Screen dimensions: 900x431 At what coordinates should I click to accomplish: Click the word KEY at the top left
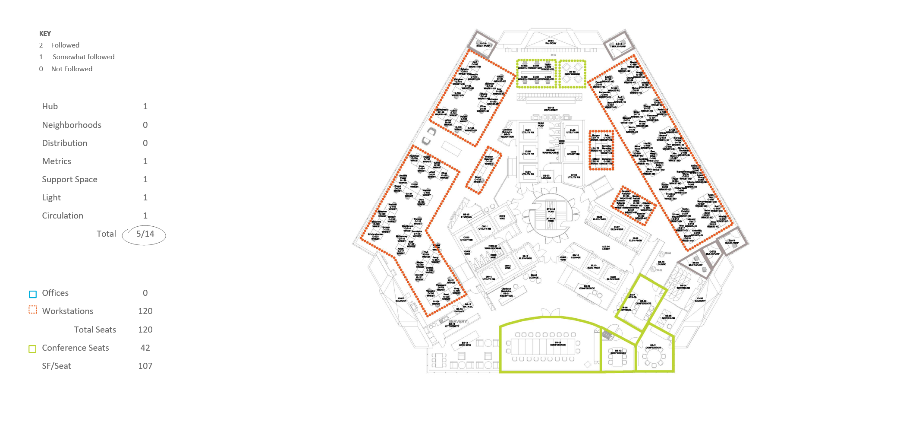pyautogui.click(x=45, y=34)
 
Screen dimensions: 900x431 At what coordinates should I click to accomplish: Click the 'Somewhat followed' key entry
pyautogui.click(x=83, y=57)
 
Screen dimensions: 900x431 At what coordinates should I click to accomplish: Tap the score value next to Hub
pyautogui.click(x=145, y=107)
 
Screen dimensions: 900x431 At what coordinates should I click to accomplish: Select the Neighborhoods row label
pyautogui.click(x=72, y=125)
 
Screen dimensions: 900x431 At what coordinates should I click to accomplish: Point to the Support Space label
pyautogui.click(x=69, y=180)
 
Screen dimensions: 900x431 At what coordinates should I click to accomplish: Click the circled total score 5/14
pyautogui.click(x=145, y=234)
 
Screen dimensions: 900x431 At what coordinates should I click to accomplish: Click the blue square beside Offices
pyautogui.click(x=33, y=294)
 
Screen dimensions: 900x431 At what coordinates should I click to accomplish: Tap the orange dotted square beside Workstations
pyautogui.click(x=33, y=310)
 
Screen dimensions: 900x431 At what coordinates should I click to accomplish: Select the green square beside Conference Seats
pyautogui.click(x=32, y=349)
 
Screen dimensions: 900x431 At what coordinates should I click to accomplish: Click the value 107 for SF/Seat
pyautogui.click(x=145, y=366)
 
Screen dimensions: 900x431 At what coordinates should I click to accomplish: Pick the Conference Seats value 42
pyautogui.click(x=145, y=348)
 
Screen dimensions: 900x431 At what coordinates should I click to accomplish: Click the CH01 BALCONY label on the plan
pyautogui.click(x=551, y=42)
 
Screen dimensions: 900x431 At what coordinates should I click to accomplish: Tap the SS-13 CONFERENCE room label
pyautogui.click(x=558, y=344)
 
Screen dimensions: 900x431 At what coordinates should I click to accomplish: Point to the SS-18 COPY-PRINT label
pyautogui.click(x=551, y=109)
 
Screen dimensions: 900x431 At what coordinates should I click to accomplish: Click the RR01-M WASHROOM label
pyautogui.click(x=551, y=152)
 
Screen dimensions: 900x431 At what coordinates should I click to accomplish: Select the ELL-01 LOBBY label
pyautogui.click(x=606, y=248)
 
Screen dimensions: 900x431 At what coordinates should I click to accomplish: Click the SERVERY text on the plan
pyautogui.click(x=457, y=321)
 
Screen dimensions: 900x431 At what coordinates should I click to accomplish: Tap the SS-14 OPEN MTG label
pyautogui.click(x=465, y=344)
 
